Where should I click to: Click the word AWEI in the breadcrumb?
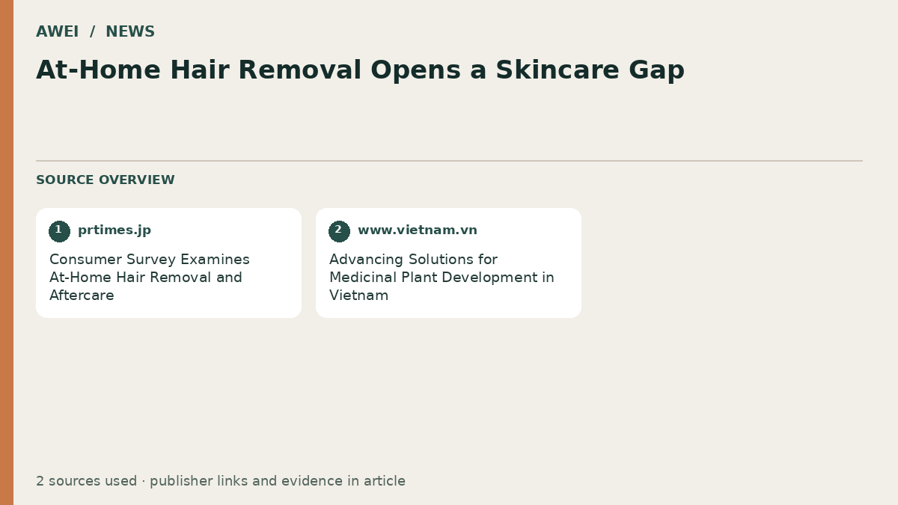tap(58, 31)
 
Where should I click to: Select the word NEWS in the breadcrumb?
tap(130, 31)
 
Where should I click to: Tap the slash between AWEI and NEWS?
tap(92, 31)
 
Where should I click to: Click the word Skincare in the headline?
tap(558, 70)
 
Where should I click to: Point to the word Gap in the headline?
tap(657, 71)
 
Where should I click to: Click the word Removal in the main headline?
tap(299, 70)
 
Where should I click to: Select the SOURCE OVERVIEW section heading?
tap(106, 180)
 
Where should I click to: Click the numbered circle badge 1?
tap(59, 231)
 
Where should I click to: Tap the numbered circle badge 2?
tap(339, 231)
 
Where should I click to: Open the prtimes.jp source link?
tap(114, 230)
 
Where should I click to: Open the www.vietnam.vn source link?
tap(418, 230)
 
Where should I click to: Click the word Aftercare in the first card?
tap(82, 296)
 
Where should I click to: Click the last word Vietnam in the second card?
tap(358, 296)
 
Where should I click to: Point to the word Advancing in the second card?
tap(366, 260)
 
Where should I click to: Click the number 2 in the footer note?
tap(40, 481)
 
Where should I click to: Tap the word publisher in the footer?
tap(181, 481)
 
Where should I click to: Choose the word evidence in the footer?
tap(312, 481)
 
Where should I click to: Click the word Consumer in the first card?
tap(85, 260)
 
